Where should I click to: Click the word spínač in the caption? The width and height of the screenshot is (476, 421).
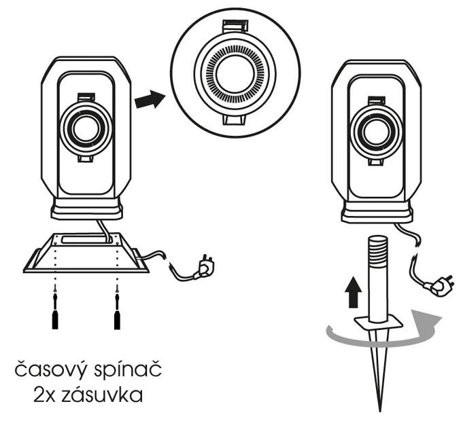[128, 368]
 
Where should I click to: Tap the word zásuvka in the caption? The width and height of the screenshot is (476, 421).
[102, 395]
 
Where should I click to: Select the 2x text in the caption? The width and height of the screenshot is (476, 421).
[44, 395]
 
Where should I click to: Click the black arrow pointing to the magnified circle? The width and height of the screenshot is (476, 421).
[150, 99]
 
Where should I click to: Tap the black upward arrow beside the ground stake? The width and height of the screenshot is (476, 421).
[353, 293]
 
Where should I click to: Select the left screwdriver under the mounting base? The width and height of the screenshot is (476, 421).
[55, 308]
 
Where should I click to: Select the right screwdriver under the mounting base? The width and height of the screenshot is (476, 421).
[117, 308]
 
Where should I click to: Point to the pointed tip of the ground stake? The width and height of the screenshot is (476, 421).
[379, 411]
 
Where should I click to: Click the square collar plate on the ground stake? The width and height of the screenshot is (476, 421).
[378, 321]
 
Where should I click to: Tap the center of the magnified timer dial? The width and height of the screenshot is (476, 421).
[235, 74]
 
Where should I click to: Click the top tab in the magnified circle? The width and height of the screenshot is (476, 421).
[235, 26]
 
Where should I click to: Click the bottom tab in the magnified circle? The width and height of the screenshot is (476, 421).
[234, 120]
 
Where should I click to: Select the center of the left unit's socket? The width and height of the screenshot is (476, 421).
[86, 128]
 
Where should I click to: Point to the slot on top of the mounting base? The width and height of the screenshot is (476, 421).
[86, 240]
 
